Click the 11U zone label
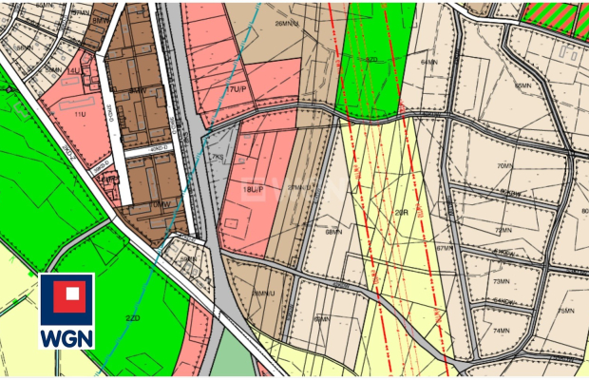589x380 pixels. tap(79, 113)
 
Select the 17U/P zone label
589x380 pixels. tap(234, 88)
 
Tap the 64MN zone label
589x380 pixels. tap(429, 63)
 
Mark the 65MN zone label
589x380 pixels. tap(522, 85)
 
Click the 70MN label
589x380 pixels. tap(503, 165)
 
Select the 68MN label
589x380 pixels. tap(333, 231)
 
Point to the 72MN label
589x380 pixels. tap(503, 229)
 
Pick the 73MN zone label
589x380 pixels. tap(502, 282)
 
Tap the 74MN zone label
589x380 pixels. tap(502, 330)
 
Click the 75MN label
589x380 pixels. tap(566, 312)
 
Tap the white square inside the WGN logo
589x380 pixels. tap(66, 297)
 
